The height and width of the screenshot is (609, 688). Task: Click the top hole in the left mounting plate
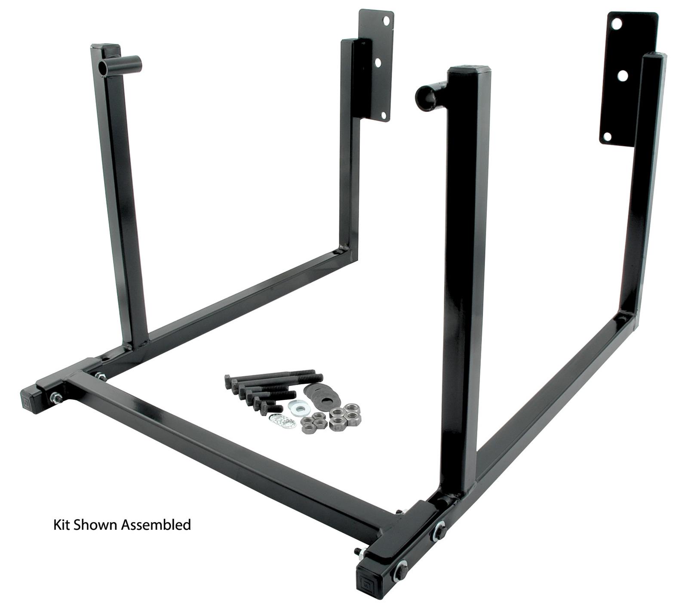pyautogui.click(x=388, y=20)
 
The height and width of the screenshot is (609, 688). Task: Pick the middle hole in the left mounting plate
pyautogui.click(x=378, y=62)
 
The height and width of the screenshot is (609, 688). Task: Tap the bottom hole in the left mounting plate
pyautogui.click(x=381, y=114)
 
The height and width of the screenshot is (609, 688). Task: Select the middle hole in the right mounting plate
pyautogui.click(x=621, y=76)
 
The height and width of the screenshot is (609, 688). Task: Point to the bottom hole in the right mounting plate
pyautogui.click(x=607, y=137)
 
